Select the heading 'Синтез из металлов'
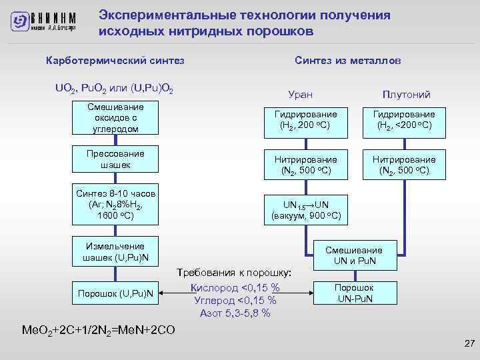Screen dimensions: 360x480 pyautogui.click(x=347, y=61)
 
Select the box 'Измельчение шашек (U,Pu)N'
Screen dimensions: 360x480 pyautogui.click(x=116, y=252)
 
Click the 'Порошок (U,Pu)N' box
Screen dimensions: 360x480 pyautogui.click(x=116, y=293)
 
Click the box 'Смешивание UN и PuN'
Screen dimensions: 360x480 pyautogui.click(x=354, y=255)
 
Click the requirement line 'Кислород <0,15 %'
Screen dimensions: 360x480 pyautogui.click(x=235, y=287)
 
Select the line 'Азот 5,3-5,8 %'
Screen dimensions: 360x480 pyautogui.click(x=235, y=313)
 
